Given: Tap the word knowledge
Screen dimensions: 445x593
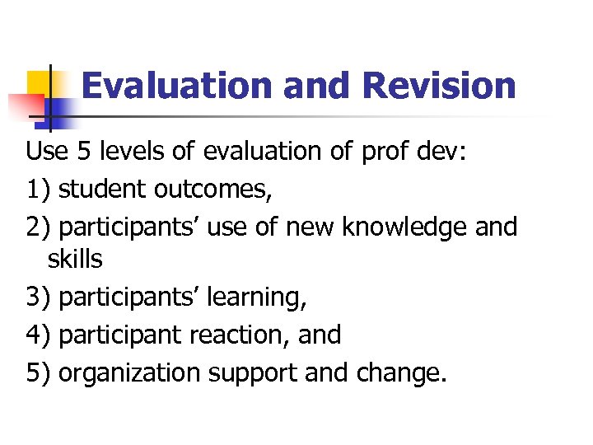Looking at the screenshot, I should [410, 226].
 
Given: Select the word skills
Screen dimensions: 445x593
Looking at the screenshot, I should [75, 260].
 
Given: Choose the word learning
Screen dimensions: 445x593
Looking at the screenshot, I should [258, 298].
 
